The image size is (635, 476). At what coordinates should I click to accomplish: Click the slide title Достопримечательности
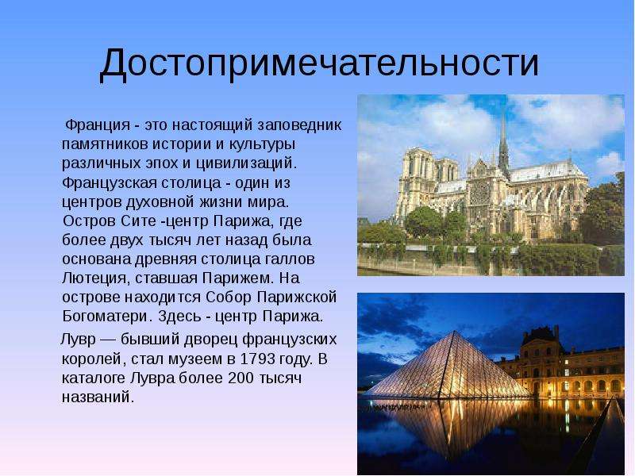(319, 63)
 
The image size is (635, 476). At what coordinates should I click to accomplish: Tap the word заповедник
(300, 125)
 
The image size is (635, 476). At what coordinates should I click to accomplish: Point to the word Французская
(110, 183)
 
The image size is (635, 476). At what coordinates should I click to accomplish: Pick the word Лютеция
(95, 278)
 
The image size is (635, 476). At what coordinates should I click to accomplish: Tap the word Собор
(229, 297)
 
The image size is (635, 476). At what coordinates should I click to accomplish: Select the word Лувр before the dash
(78, 340)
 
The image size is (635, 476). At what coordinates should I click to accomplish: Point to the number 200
(241, 378)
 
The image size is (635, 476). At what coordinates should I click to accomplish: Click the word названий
(98, 397)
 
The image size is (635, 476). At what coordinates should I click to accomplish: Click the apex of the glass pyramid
(455, 332)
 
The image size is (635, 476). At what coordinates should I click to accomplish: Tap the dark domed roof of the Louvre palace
(542, 336)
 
